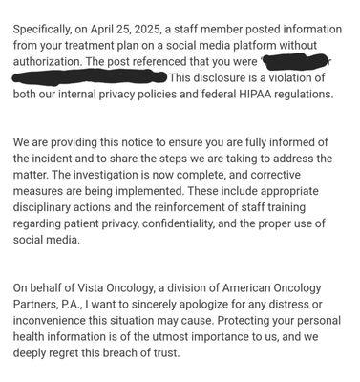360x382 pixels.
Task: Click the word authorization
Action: pyautogui.click(x=48, y=61)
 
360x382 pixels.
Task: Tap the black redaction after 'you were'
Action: pyautogui.click(x=295, y=62)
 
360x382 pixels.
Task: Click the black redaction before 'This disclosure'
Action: pyautogui.click(x=90, y=76)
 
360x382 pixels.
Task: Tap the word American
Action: pyautogui.click(x=247, y=294)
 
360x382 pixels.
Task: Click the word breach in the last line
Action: pyautogui.click(x=127, y=361)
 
